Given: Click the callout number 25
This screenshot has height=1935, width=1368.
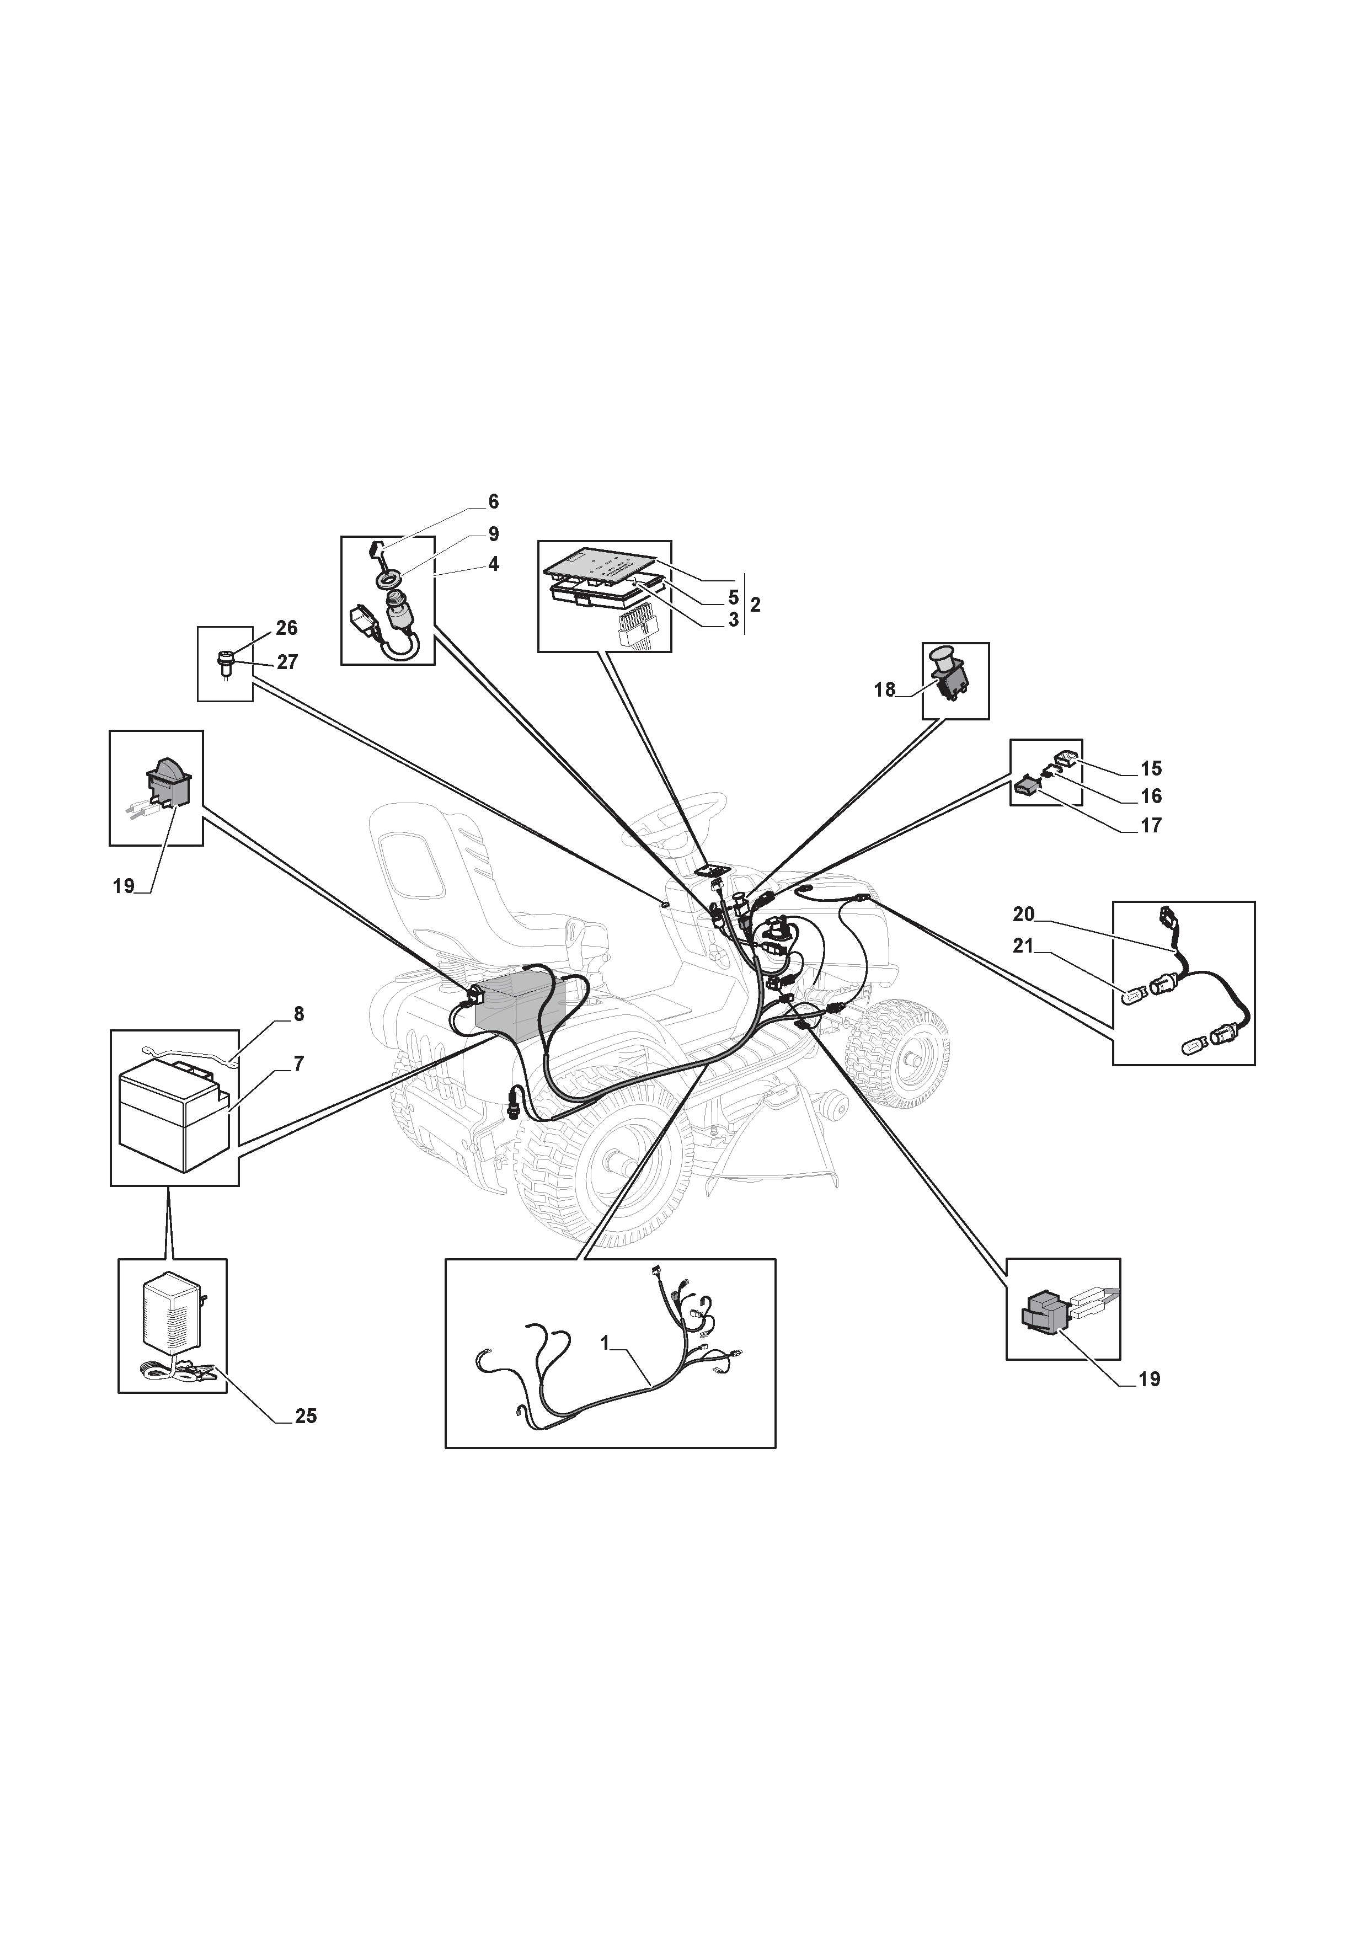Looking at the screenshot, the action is pos(305,1416).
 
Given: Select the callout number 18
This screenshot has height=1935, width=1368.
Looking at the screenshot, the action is pos(884,689).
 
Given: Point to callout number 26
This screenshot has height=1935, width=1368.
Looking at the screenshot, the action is pos(287,628).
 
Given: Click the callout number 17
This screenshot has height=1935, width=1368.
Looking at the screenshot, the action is pos(1151,825).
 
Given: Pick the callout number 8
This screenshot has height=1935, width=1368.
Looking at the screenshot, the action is pos(298,1014).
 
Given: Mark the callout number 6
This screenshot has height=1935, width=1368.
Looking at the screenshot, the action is pos(493,501).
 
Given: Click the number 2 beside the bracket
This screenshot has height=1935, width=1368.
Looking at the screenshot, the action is pos(755,604).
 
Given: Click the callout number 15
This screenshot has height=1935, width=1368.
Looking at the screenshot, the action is pos(1151,768).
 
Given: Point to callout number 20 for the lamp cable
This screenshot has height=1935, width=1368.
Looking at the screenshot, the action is pos(1023,913).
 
